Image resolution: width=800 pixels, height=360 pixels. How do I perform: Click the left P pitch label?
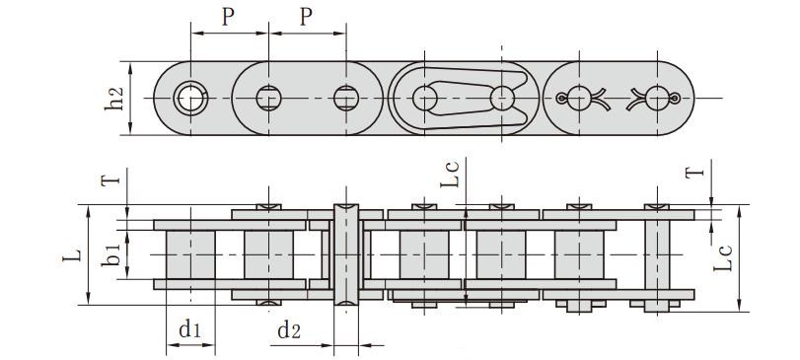click(x=228, y=19)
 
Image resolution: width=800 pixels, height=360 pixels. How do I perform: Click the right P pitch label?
click(x=305, y=19)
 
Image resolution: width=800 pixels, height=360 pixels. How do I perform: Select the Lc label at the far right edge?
click(x=725, y=254)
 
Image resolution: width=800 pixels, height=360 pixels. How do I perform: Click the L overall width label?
click(x=72, y=256)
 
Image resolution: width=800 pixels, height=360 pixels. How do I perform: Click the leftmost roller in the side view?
click(x=189, y=254)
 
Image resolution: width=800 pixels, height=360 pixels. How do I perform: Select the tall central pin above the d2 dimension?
click(x=345, y=254)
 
